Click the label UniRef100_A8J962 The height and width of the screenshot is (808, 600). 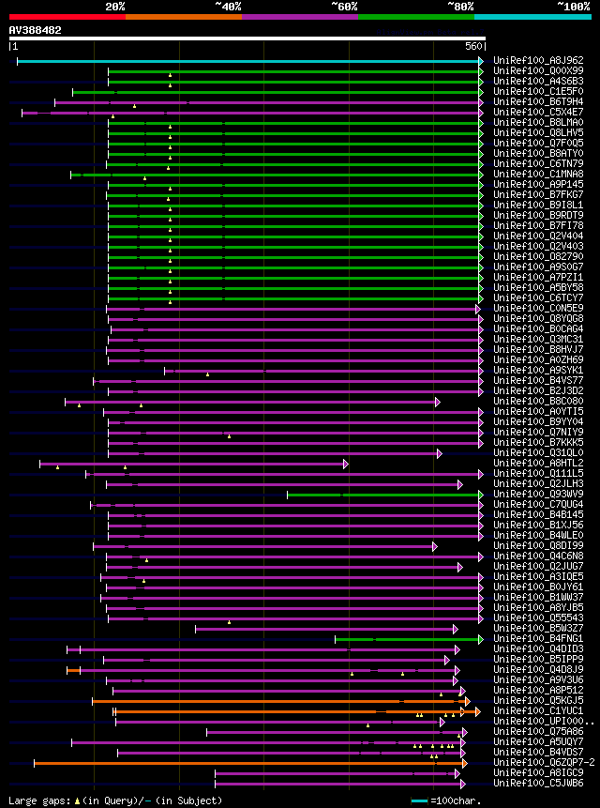tap(537, 60)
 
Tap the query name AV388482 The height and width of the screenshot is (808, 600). tap(36, 30)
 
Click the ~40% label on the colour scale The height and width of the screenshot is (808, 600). tap(228, 7)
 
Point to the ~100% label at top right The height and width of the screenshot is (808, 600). tap(573, 7)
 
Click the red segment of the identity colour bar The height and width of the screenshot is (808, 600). tap(66, 16)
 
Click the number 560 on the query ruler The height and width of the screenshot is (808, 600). tap(473, 46)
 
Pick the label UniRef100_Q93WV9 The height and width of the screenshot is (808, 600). tap(537, 495)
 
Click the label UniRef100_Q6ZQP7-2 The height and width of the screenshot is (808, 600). tap(543, 763)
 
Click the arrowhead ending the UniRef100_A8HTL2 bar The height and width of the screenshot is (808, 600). tap(346, 464)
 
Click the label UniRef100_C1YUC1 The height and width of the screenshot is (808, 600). tap(537, 710)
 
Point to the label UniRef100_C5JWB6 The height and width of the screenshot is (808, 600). tap(537, 783)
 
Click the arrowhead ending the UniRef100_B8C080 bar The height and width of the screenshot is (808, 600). tap(438, 402)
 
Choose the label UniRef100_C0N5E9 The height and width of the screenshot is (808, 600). tap(537, 308)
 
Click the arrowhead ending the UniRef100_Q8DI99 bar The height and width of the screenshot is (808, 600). tap(435, 546)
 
